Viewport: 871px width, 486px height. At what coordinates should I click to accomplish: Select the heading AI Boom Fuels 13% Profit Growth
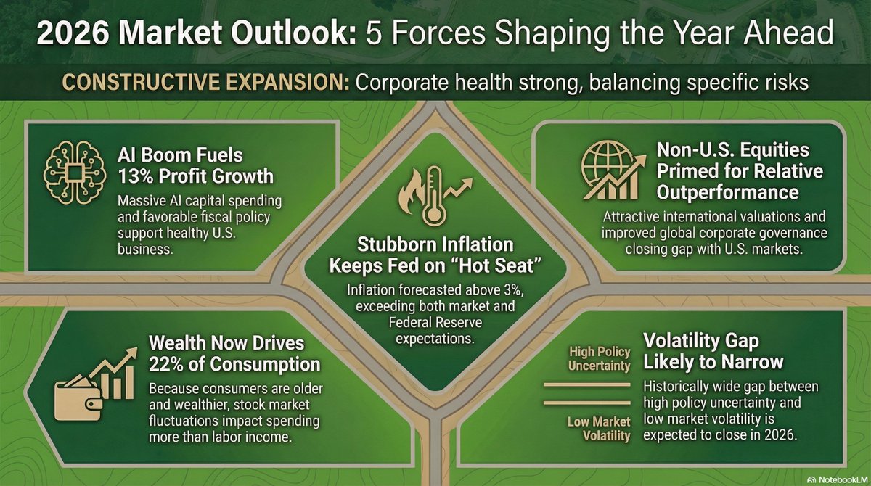195,165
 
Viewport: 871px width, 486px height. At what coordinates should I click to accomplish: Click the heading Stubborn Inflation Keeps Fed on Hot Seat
435,252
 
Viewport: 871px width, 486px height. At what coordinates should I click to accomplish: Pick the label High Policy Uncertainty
599,358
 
